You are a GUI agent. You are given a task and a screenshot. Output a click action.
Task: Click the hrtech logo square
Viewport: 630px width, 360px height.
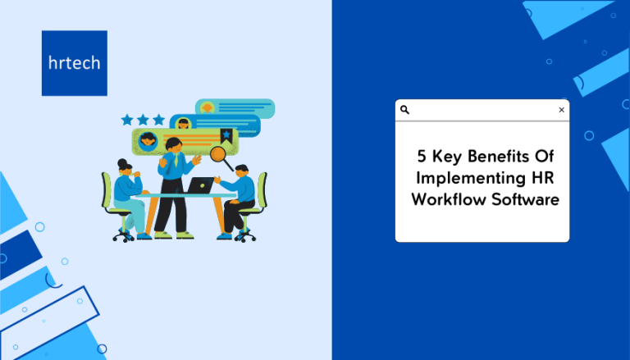tap(75, 63)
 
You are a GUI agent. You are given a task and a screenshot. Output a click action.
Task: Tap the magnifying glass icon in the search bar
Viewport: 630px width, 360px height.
tap(404, 110)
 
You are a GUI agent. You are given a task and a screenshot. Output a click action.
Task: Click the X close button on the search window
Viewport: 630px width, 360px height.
tap(562, 110)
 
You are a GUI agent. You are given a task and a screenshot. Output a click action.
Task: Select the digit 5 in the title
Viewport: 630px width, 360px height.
tap(422, 156)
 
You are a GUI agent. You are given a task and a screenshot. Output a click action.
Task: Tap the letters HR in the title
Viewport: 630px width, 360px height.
tap(543, 178)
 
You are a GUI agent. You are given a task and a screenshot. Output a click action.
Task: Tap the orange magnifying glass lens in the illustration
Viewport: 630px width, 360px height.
tap(218, 153)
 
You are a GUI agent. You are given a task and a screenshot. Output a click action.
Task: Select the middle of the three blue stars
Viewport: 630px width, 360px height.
tap(143, 120)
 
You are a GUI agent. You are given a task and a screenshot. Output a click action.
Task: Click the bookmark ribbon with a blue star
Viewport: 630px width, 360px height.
tap(226, 136)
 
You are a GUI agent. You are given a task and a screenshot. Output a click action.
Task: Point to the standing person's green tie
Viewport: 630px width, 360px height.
tap(176, 160)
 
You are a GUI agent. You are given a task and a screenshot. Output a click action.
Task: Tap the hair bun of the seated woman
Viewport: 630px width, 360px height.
tap(122, 163)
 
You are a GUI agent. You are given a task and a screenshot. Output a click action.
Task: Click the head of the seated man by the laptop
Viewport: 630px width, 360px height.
tap(242, 171)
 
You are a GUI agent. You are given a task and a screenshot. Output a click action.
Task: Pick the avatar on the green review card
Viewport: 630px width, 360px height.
tap(148, 141)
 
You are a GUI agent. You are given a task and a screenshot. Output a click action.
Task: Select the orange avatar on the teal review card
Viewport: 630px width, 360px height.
tap(208, 107)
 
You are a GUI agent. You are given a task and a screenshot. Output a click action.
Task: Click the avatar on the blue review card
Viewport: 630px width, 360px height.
tap(183, 123)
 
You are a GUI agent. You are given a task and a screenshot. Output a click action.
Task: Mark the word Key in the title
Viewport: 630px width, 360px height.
tap(447, 157)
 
